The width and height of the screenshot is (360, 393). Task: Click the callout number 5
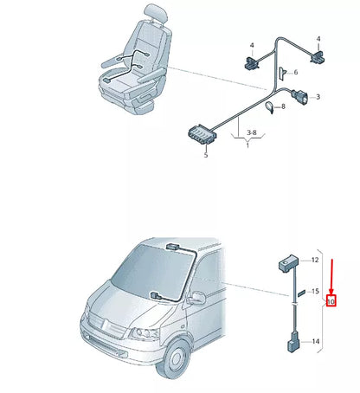206,156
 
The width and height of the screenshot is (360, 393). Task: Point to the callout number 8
282,105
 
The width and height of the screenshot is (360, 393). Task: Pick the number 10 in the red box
331,303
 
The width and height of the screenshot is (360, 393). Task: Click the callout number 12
316,260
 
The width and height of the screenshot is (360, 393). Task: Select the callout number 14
316,342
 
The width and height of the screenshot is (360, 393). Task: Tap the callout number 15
316,291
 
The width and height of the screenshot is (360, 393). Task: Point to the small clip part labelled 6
283,74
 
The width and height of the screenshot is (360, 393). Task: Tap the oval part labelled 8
270,107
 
